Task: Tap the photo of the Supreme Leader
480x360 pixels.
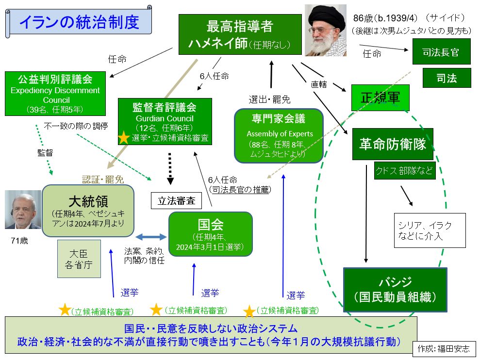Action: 325,30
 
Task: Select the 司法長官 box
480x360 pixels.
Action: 441,51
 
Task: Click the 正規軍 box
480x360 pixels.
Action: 381,98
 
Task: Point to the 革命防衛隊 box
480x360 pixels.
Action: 393,144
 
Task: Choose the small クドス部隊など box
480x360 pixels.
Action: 404,171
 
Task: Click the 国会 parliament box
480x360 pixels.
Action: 210,233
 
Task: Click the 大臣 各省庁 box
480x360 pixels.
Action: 79,259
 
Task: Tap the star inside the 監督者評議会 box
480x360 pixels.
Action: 124,137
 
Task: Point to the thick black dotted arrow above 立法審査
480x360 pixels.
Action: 170,168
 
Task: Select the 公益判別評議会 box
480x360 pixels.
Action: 55,93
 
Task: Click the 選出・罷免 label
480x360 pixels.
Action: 269,99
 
